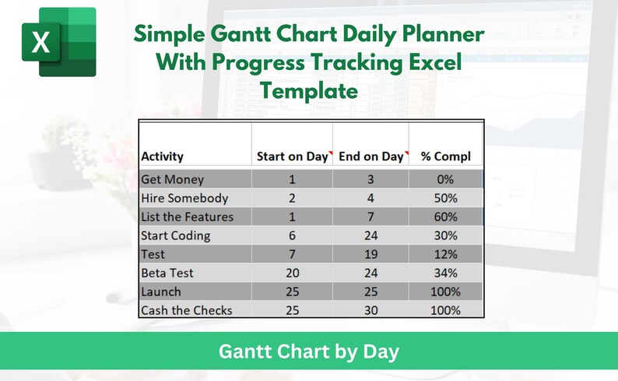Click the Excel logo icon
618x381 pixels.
(x=58, y=42)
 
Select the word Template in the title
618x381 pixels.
(x=309, y=91)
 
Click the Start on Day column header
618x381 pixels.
(x=292, y=156)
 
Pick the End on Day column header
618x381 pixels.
(x=370, y=156)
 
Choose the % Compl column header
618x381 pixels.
(x=446, y=156)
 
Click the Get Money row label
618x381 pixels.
(x=172, y=180)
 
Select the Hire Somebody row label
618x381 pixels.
(x=184, y=198)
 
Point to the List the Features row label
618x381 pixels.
(x=187, y=217)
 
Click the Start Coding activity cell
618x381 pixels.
(x=175, y=236)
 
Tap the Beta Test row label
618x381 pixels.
(x=167, y=273)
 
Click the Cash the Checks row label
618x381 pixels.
(x=186, y=310)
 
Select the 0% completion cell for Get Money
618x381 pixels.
(x=446, y=180)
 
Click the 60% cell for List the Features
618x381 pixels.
(x=446, y=217)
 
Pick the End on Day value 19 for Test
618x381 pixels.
(x=370, y=254)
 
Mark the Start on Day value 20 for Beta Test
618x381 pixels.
(x=292, y=273)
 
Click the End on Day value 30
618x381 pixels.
(x=370, y=310)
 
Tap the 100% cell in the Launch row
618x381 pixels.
(x=446, y=292)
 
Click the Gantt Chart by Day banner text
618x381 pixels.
(x=308, y=352)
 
